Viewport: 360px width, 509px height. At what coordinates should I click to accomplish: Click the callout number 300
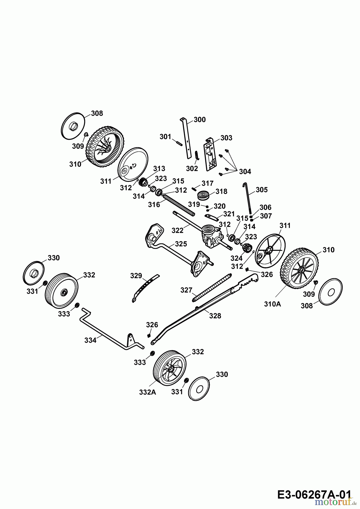coord(200,120)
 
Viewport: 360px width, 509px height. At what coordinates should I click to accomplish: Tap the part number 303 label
coord(226,138)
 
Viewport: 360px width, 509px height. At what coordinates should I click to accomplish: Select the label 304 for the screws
coord(245,171)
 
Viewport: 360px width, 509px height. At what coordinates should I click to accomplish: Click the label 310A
coord(273,304)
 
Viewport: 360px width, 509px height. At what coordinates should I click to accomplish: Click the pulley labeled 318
coord(203,195)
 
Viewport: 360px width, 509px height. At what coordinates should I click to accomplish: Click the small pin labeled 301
coord(178,143)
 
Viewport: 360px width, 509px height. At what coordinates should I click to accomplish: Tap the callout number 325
coord(181,243)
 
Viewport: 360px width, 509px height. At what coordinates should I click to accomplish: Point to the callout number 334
coord(90,340)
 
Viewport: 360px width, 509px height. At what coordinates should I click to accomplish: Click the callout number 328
coord(215,316)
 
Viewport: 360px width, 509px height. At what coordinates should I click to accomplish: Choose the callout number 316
coord(154,204)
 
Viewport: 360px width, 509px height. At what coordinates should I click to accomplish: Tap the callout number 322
coord(177,230)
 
